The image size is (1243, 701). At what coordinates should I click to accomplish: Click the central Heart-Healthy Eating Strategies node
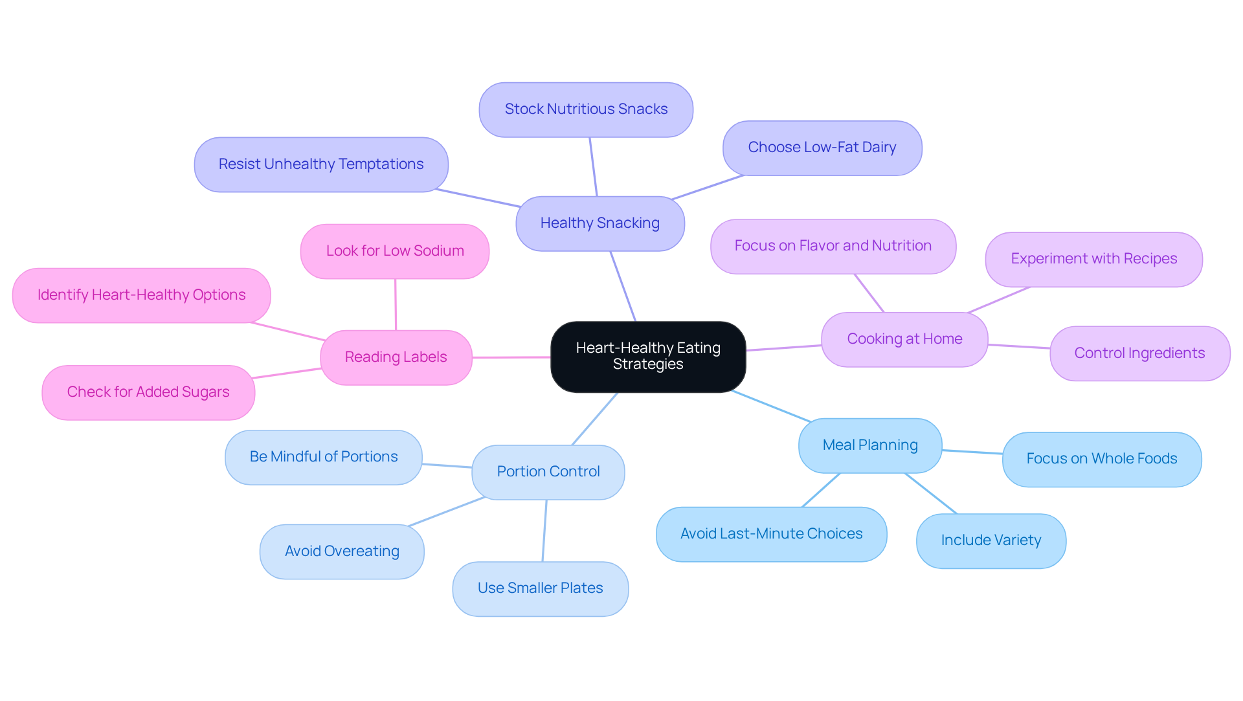(648, 357)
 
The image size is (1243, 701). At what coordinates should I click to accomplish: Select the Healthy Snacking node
(600, 223)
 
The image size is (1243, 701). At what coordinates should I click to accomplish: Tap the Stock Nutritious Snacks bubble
(586, 109)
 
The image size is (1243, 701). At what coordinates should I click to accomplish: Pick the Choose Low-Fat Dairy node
(822, 148)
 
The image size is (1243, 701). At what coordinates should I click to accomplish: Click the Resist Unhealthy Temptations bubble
(321, 164)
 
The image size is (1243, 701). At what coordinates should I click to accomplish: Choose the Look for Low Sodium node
(395, 251)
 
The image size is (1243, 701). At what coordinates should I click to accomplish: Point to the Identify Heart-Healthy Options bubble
(141, 295)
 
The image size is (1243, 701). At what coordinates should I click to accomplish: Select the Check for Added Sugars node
(148, 392)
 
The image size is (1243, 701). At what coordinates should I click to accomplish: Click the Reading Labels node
(396, 357)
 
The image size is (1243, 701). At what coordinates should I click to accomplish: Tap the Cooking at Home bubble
(904, 339)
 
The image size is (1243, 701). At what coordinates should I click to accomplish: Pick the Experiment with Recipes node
(1093, 259)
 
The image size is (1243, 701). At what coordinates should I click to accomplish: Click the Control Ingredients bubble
(1139, 353)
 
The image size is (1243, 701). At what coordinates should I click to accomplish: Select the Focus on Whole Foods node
(1102, 459)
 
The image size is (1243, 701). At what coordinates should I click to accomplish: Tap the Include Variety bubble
(991, 540)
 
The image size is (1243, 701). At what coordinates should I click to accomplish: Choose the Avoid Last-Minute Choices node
(771, 534)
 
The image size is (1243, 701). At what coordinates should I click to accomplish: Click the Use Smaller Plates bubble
(541, 588)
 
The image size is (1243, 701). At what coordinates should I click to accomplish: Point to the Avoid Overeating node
(342, 551)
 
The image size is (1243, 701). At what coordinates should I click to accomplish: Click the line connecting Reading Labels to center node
(511, 357)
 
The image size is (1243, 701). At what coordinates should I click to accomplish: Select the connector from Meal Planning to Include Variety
(931, 493)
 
